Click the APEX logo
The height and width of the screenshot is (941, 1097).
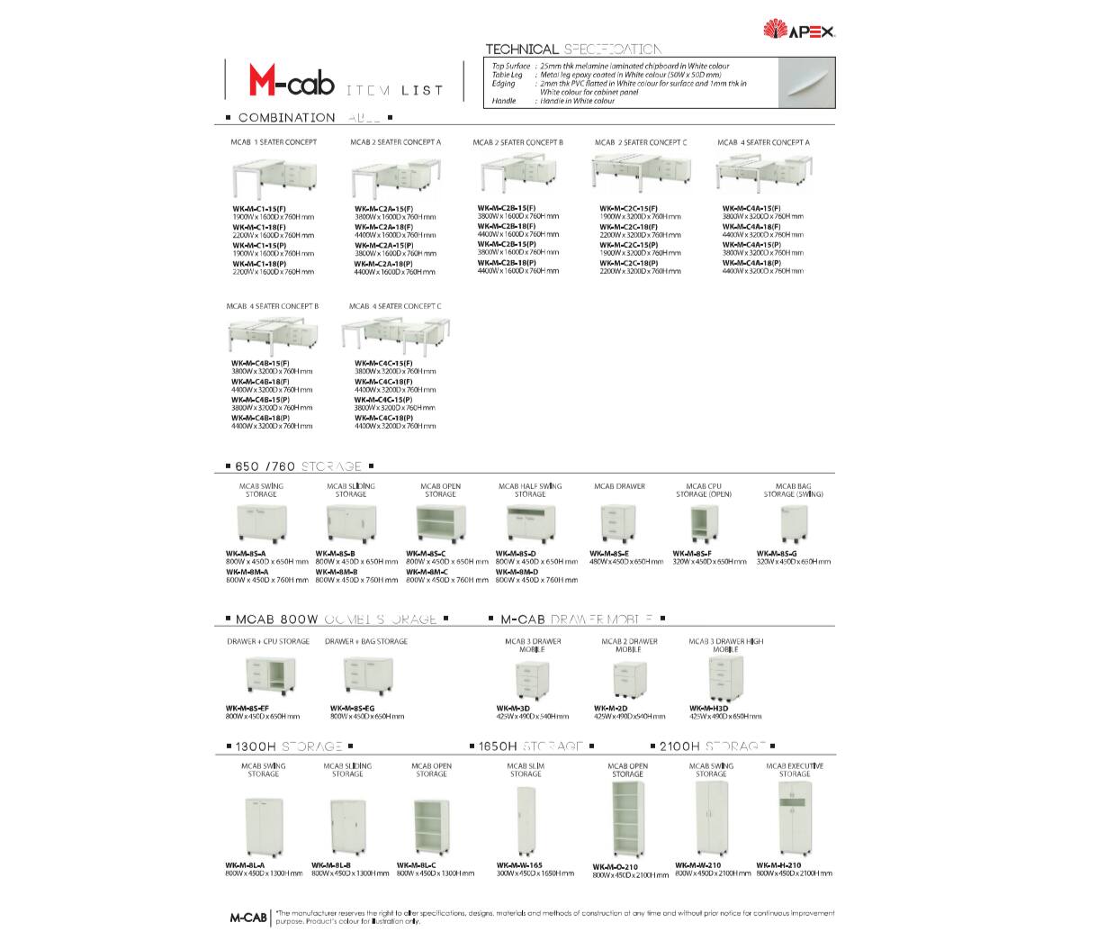(799, 31)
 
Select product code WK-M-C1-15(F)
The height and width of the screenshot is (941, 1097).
(260, 209)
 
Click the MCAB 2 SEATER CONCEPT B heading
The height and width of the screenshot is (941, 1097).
(517, 142)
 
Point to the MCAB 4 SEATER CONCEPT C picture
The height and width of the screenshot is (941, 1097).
(391, 337)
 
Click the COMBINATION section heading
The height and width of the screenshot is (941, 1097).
(286, 118)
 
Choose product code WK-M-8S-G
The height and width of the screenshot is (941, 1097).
(777, 553)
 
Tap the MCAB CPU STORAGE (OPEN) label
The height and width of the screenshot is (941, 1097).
(703, 490)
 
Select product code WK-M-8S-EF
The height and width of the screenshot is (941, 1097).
(247, 708)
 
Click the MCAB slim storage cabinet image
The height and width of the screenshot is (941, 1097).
(525, 823)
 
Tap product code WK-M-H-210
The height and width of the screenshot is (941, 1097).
(778, 865)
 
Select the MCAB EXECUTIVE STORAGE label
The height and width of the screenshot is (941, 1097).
(795, 770)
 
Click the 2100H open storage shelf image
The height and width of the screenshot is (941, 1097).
(627, 821)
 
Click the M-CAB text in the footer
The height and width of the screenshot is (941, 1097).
(247, 918)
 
